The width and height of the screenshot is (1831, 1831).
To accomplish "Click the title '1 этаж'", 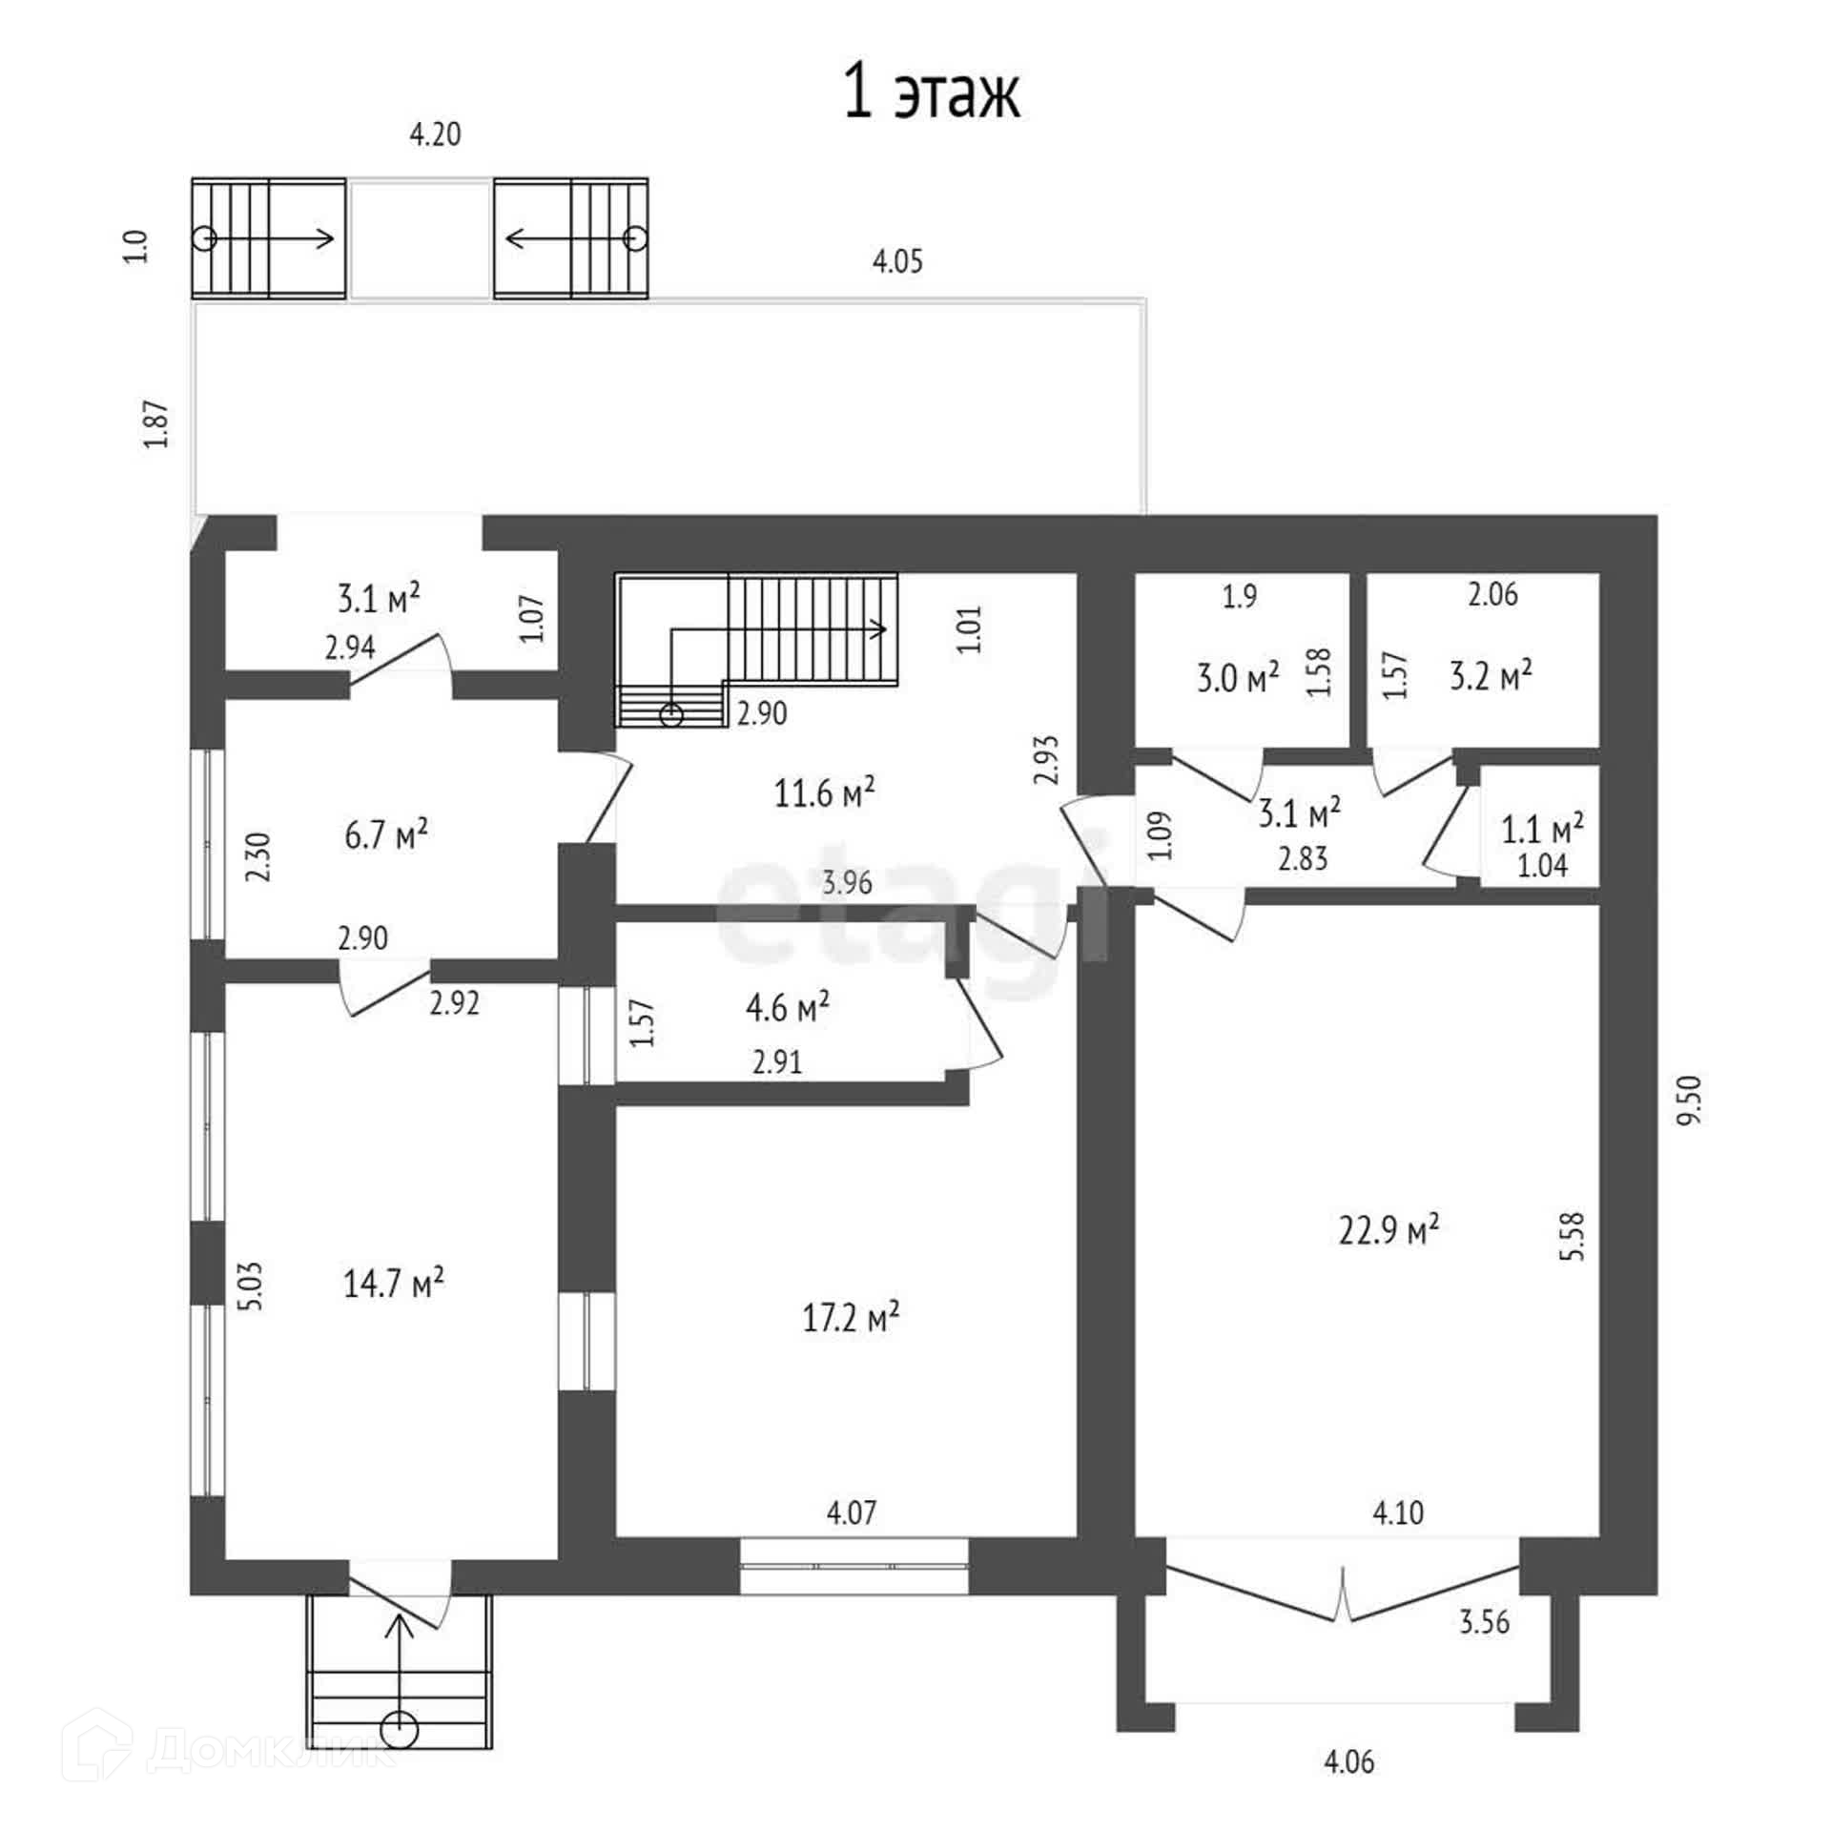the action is click(x=932, y=93).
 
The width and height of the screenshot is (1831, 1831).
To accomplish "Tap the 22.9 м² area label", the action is click(x=1389, y=1229).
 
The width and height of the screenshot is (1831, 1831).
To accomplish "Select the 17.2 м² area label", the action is click(x=852, y=1318).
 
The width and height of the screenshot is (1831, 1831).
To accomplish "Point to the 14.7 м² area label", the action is click(x=393, y=1283).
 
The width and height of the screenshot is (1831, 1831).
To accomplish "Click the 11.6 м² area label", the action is click(x=825, y=792).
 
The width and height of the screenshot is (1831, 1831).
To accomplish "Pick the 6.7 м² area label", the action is click(x=385, y=835).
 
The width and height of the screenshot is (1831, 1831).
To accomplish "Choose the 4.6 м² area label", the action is click(x=787, y=1007).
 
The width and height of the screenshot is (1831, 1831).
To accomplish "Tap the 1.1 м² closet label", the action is click(x=1542, y=829).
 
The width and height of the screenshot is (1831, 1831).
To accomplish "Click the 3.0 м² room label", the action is click(x=1237, y=679).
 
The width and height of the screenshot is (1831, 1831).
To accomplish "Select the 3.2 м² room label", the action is click(x=1491, y=676).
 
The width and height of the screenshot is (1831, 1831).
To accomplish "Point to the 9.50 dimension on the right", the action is click(x=1689, y=1101).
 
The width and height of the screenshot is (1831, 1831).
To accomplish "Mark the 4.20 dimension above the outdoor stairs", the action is click(x=435, y=134).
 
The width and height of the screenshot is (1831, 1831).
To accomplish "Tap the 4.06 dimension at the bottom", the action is click(x=1348, y=1760).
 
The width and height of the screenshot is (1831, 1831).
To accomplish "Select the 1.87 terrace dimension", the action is click(x=156, y=423).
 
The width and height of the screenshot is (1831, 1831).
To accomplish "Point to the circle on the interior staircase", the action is click(x=672, y=714).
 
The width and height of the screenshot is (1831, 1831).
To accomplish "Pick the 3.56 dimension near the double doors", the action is click(x=1484, y=1621).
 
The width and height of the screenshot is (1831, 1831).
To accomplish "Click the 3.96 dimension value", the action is click(x=847, y=883).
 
